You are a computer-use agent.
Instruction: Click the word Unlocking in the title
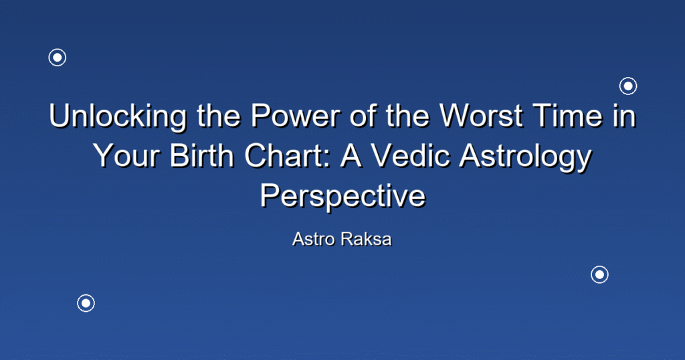tap(118, 116)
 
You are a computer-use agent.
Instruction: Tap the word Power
tap(295, 116)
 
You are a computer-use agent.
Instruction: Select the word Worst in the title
tap(481, 116)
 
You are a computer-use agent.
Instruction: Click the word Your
tap(126, 156)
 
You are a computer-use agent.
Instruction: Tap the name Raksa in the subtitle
tap(366, 239)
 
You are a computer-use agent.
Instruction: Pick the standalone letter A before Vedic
tap(351, 156)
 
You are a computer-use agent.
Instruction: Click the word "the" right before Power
tap(219, 116)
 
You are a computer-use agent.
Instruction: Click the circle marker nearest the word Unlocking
tap(58, 58)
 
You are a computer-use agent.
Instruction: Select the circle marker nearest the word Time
tap(628, 86)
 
